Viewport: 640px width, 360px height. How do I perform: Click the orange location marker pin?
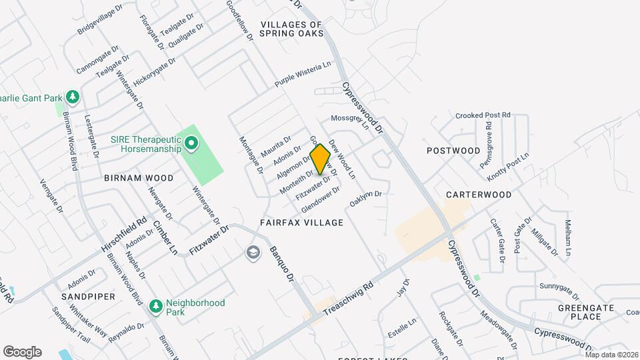(321, 159)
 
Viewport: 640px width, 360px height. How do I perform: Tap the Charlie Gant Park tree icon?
(73, 98)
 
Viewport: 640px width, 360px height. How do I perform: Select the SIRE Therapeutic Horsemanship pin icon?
(191, 143)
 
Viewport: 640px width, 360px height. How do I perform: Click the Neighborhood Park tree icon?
(156, 305)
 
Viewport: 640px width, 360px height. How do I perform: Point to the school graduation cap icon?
(253, 252)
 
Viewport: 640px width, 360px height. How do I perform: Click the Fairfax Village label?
(302, 223)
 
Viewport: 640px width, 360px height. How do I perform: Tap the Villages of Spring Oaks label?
(291, 29)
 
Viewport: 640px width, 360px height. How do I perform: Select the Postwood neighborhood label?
(453, 151)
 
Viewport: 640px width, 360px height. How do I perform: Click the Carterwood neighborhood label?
(479, 195)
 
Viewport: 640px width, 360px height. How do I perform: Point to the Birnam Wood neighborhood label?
(139, 178)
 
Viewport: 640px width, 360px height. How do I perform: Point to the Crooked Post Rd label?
(483, 115)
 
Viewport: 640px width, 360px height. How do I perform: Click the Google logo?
(22, 352)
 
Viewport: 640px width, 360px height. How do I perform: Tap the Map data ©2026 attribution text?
(611, 355)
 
